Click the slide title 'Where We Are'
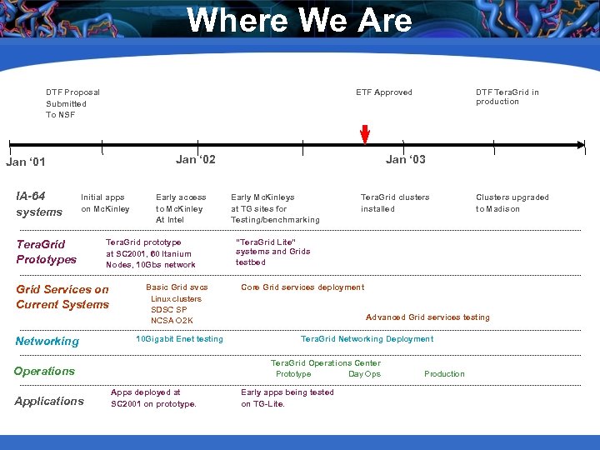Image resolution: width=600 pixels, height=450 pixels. tap(299, 21)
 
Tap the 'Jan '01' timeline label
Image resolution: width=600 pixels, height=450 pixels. tap(26, 162)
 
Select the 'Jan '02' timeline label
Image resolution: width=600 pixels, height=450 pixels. tap(196, 159)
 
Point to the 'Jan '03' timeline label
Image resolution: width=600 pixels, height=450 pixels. tap(405, 159)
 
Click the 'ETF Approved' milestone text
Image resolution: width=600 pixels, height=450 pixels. tap(383, 92)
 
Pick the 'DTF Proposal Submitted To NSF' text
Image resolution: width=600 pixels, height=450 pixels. tap(72, 103)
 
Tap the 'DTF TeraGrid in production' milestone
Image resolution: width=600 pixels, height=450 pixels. tap(507, 97)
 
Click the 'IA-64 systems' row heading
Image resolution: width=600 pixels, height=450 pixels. tap(39, 204)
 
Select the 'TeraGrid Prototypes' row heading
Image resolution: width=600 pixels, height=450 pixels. tap(46, 251)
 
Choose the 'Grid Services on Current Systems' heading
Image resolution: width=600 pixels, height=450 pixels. tap(62, 297)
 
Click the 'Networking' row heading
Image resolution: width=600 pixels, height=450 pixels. tap(47, 341)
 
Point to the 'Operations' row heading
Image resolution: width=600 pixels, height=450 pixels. tap(44, 371)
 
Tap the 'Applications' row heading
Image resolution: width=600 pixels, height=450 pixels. tap(49, 401)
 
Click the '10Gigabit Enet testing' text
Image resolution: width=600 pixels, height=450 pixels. tap(179, 339)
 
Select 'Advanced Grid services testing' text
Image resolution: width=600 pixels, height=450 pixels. tap(427, 317)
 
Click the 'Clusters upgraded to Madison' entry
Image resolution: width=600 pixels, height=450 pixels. tap(512, 203)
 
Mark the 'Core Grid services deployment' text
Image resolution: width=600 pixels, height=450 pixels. tap(302, 287)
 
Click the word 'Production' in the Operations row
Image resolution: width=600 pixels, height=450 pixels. tap(444, 374)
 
